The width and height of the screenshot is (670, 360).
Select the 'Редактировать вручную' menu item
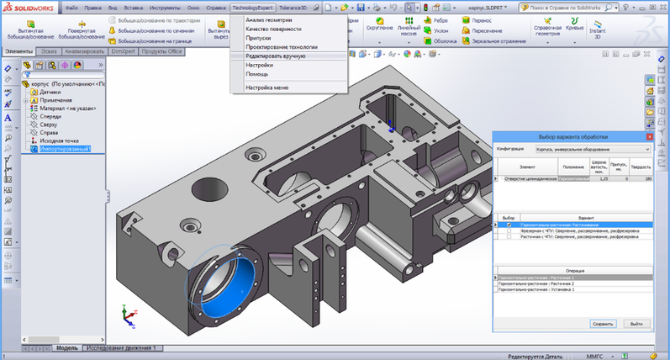click(x=275, y=56)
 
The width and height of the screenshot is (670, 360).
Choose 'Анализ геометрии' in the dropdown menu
click(x=272, y=19)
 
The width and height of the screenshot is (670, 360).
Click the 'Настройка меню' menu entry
click(x=266, y=87)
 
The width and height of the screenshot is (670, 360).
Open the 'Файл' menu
click(x=72, y=7)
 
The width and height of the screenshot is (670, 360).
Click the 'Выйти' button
click(x=636, y=323)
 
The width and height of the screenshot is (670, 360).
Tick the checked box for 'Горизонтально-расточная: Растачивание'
click(x=509, y=225)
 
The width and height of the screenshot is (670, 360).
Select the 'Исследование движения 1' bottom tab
click(x=122, y=347)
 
